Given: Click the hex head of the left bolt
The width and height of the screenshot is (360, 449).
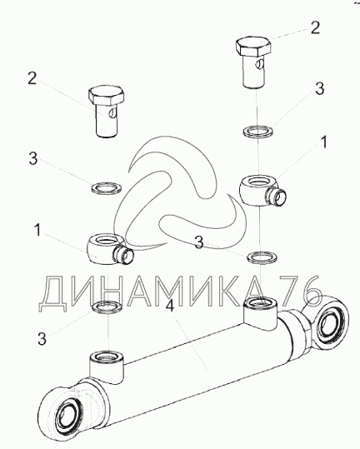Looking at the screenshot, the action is [x=107, y=95].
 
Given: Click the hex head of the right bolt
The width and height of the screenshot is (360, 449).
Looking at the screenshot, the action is [x=253, y=46].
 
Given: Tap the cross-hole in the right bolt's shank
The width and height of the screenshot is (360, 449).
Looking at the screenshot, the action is [x=260, y=64].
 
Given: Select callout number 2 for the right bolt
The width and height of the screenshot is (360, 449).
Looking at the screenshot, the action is [x=315, y=27].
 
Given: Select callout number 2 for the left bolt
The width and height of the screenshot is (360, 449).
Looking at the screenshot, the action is [x=32, y=78].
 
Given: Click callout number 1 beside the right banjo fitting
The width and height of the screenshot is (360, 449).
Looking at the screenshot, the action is [x=324, y=142].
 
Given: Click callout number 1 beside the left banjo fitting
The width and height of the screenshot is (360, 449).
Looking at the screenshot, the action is [x=37, y=230].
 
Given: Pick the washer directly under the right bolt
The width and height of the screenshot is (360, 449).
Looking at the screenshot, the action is [x=258, y=131].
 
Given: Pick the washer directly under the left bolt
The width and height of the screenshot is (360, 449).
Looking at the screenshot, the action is [x=107, y=187].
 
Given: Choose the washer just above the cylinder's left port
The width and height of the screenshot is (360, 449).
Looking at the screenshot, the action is [x=107, y=307].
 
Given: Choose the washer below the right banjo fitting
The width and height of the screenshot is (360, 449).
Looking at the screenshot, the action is [x=262, y=257].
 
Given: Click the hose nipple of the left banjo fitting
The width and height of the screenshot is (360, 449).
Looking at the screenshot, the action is [x=123, y=255].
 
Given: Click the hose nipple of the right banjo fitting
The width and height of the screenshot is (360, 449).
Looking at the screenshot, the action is [x=277, y=197].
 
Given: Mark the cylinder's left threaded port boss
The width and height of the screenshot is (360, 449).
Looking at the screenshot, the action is [x=107, y=367].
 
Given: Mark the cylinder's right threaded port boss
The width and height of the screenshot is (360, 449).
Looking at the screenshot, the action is [x=260, y=313].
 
